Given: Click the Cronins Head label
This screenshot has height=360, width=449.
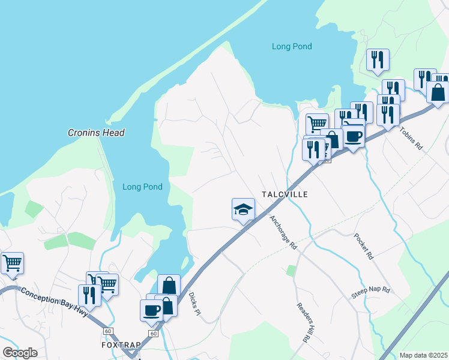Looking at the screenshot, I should coord(96,133).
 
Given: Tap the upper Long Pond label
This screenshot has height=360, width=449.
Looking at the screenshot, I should coord(292,46).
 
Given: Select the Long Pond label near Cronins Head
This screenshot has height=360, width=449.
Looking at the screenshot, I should coord(142,187).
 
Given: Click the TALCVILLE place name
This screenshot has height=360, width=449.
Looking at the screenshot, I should coord(285,194).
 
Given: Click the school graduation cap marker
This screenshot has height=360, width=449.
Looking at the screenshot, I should coord(243,210).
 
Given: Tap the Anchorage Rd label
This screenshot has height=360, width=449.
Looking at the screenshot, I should coord(283,233).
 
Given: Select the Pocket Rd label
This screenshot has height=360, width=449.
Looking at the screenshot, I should coord(364,246).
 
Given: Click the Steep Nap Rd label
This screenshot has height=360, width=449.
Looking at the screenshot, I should coord(370,293).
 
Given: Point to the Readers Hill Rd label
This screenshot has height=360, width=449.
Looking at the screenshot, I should coord(303,322).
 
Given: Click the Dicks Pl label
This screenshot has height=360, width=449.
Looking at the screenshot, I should coord(193,306).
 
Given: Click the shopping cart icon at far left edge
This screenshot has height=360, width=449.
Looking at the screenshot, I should coord(12,263).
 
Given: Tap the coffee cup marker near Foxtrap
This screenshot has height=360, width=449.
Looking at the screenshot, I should coord(151,310).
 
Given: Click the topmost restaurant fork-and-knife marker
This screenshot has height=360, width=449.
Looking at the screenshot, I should coord(378,59).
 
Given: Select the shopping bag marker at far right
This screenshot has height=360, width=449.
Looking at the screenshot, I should coord(438,92).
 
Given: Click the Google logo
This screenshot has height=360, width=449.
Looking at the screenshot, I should coord(20,353).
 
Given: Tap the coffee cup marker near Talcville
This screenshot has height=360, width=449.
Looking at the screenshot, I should coord(354,136).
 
